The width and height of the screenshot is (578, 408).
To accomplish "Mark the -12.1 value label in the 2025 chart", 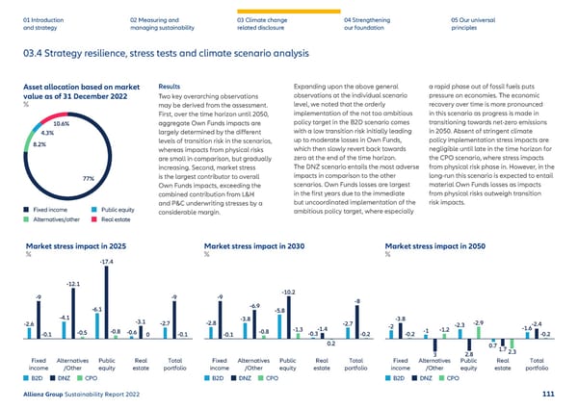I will [x=72, y=283].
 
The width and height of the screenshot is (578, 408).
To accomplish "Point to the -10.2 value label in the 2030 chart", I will [x=288, y=292].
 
